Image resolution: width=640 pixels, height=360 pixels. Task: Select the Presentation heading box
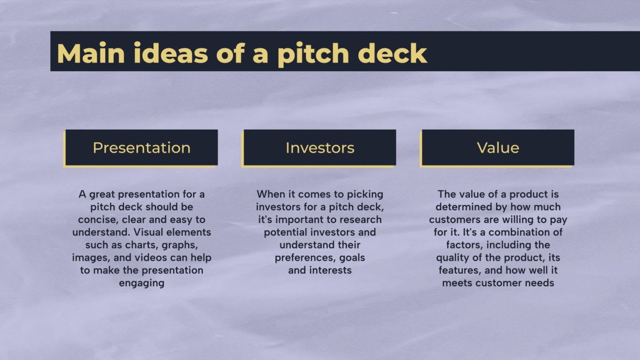[142, 148]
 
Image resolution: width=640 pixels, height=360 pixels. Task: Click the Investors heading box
[320, 148]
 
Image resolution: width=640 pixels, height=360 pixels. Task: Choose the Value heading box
[498, 148]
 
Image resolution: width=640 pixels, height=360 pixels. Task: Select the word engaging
[142, 283]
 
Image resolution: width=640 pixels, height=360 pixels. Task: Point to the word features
[457, 270]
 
